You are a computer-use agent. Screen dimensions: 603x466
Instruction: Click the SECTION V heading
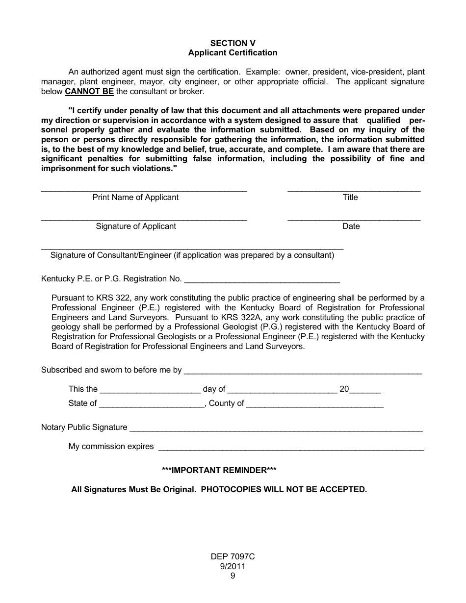pyautogui.click(x=233, y=43)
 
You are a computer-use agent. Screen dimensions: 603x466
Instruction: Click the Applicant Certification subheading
pyautogui.click(x=233, y=52)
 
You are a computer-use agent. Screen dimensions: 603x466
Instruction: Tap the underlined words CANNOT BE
pyautogui.click(x=89, y=92)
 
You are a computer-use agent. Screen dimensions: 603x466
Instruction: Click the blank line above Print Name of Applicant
pyautogui.click(x=144, y=189)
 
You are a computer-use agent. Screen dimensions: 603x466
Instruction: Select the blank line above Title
pyautogui.click(x=354, y=189)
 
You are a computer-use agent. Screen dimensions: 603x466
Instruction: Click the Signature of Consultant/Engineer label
pyautogui.click(x=192, y=255)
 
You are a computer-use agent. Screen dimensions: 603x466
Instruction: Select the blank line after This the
pyautogui.click(x=150, y=391)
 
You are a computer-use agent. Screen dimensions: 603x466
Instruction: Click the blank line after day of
pyautogui.click(x=282, y=391)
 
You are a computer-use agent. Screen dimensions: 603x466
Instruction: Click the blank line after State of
pyautogui.click(x=152, y=405)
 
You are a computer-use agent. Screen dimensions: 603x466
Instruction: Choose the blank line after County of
pyautogui.click(x=314, y=405)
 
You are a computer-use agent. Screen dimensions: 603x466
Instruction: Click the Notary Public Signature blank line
pyautogui.click(x=276, y=429)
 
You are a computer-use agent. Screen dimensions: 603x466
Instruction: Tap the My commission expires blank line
pyautogui.click(x=291, y=448)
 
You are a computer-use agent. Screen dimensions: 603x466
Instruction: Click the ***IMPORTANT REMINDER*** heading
pyautogui.click(x=219, y=470)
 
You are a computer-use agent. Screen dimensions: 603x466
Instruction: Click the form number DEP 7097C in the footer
pyautogui.click(x=233, y=557)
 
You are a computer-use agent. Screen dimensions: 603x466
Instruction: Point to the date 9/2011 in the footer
pyautogui.click(x=233, y=566)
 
